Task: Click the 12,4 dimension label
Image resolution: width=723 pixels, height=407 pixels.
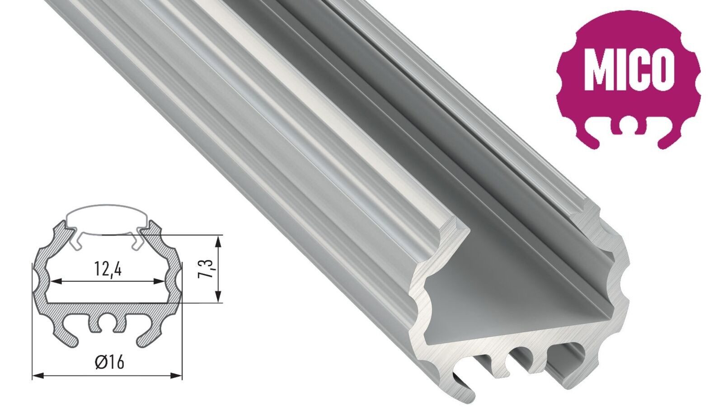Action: tap(108, 270)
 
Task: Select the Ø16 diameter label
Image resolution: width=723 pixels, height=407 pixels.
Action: tap(110, 362)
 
